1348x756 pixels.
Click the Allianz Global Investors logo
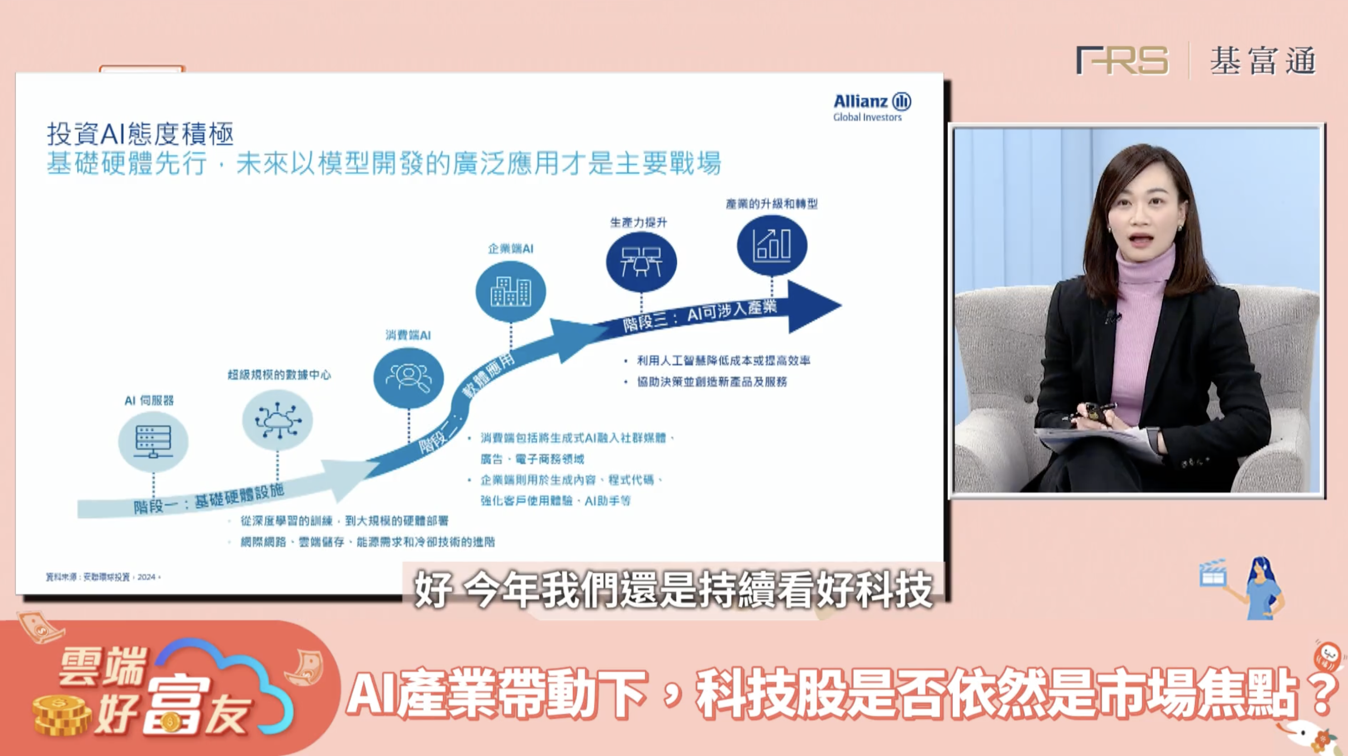pyautogui.click(x=871, y=107)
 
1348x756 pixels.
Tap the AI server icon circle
pyautogui.click(x=153, y=441)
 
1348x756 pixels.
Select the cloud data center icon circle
pyautogui.click(x=277, y=420)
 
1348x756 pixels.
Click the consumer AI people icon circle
pyautogui.click(x=408, y=378)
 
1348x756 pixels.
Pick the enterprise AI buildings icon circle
pyautogui.click(x=510, y=291)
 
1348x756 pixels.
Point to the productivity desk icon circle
pyautogui.click(x=641, y=262)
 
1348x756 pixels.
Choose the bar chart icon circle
pyautogui.click(x=772, y=245)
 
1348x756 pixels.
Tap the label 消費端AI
pyautogui.click(x=408, y=335)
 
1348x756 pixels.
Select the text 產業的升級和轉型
pyautogui.click(x=771, y=204)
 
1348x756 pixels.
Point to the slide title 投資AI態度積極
pyautogui.click(x=140, y=134)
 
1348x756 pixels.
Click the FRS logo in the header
pyautogui.click(x=1121, y=61)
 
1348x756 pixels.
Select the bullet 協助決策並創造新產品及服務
pyautogui.click(x=712, y=382)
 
